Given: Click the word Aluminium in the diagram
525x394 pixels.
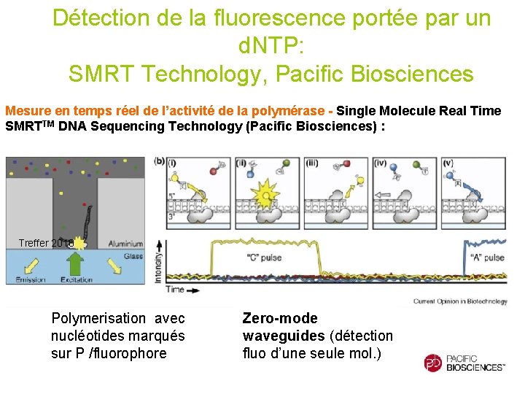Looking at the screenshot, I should click(125, 243).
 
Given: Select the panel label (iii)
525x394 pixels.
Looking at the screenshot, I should click(313, 162).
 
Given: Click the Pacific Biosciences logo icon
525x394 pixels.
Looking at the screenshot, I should click(433, 363).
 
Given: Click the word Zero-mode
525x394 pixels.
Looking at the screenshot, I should click(280, 318).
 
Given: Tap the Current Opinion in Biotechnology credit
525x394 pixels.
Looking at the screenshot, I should click(460, 301).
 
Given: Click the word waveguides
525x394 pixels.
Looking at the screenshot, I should click(283, 336).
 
